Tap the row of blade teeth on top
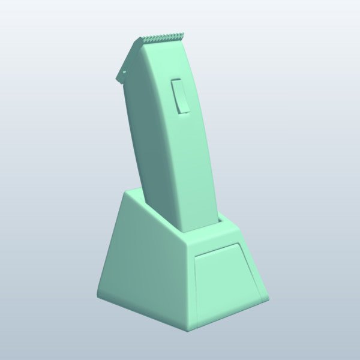click(162, 38)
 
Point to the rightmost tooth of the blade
click(181, 35)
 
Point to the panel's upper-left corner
click(196, 256)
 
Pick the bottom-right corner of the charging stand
click(267, 298)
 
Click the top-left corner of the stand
click(127, 191)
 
